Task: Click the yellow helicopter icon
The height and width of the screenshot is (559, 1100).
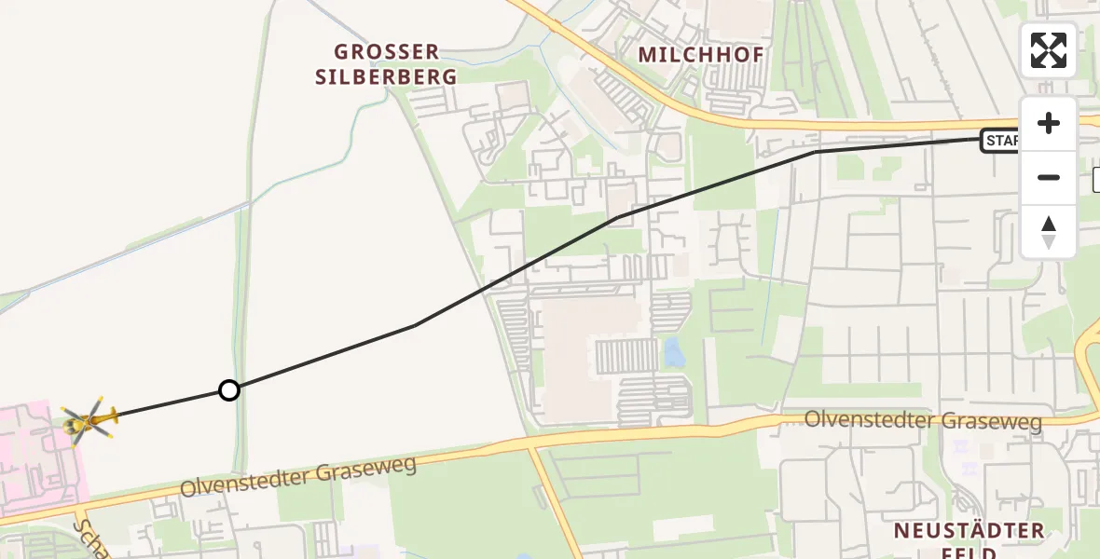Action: (x=89, y=422)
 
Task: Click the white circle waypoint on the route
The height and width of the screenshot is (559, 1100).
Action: (x=229, y=390)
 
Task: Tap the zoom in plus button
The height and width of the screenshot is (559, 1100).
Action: (x=1049, y=124)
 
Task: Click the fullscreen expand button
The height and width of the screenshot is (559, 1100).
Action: (x=1049, y=50)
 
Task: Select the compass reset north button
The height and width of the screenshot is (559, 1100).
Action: (x=1049, y=232)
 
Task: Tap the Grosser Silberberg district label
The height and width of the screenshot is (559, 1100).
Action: (x=386, y=64)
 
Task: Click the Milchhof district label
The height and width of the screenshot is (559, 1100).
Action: (x=701, y=55)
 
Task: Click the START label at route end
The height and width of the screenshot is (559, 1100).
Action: (x=1001, y=142)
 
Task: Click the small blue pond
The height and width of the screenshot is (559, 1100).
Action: (x=672, y=352)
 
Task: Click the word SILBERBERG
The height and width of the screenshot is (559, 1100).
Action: (x=386, y=77)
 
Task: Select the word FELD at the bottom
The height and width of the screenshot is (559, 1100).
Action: (x=969, y=553)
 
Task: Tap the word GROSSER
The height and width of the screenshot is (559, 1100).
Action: (x=386, y=52)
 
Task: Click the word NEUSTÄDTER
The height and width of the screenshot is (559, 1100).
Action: (x=969, y=531)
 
